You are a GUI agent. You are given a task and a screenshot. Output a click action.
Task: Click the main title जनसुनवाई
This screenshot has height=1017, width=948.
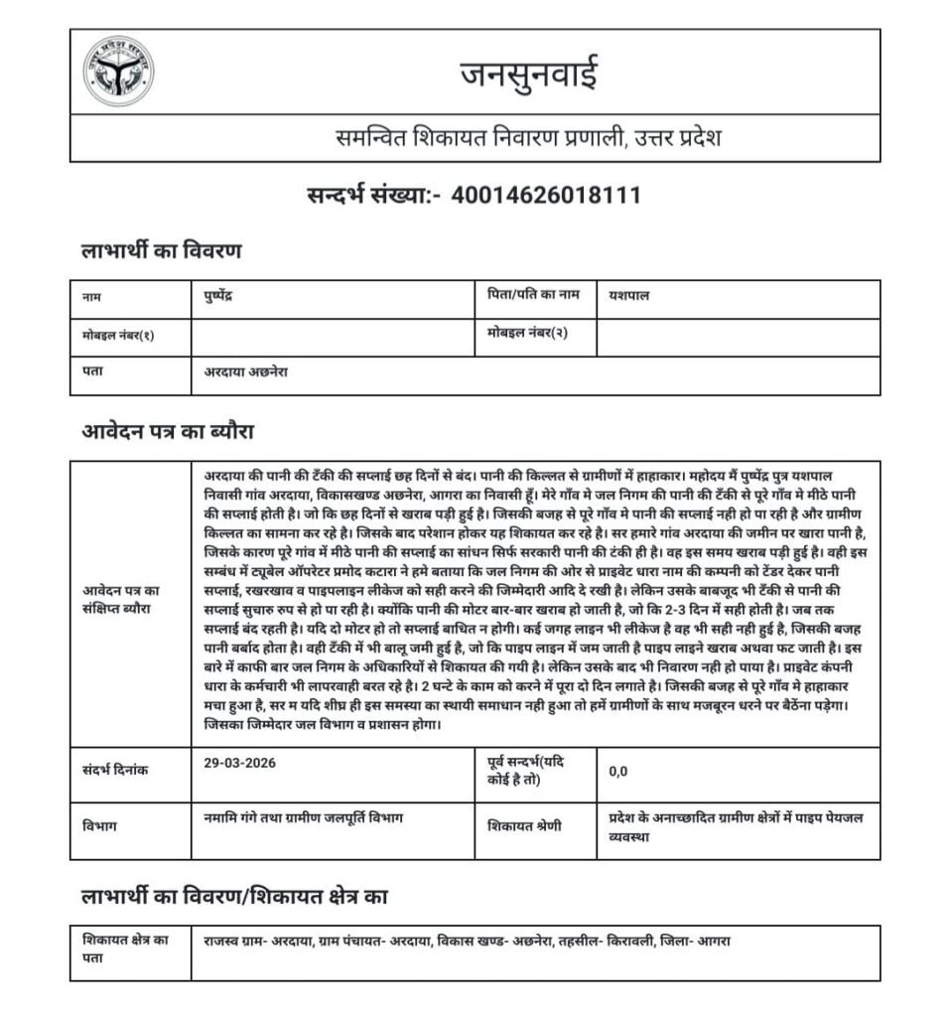pos(528,73)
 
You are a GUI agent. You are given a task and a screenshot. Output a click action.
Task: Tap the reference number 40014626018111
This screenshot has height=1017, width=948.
pos(546,195)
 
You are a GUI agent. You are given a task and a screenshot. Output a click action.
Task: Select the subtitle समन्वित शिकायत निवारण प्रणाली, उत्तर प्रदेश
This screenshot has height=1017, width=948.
pos(527,138)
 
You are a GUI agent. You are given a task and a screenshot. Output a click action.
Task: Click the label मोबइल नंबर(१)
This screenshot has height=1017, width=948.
pos(118,336)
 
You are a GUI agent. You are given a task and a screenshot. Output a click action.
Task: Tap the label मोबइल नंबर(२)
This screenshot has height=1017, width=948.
pos(527,334)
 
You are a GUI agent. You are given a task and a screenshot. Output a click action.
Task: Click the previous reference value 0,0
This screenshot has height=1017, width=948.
pos(618,771)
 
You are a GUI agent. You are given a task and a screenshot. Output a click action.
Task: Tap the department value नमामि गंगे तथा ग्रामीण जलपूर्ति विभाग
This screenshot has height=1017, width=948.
pos(304,817)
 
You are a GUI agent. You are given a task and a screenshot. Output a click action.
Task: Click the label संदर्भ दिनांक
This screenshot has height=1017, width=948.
pos(115,771)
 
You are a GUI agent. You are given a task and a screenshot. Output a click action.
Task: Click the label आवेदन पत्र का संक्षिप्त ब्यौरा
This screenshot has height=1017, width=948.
pos(123,597)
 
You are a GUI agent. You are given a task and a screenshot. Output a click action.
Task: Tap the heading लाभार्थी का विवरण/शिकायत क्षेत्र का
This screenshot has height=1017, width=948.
pos(233,897)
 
